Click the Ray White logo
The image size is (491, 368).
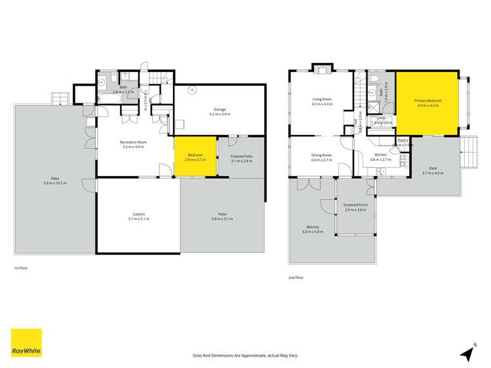pyautogui.click(x=26, y=343)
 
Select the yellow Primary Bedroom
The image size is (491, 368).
pyautogui.click(x=427, y=103)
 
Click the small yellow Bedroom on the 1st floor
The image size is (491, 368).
pyautogui.click(x=195, y=156)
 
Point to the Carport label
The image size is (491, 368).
pyautogui.click(x=138, y=216)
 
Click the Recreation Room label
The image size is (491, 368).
pyautogui.click(x=133, y=144)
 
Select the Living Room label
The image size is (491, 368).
pyautogui.click(x=322, y=102)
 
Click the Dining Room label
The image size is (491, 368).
pyautogui.click(x=321, y=157)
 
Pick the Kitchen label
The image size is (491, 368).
pyautogui.click(x=381, y=157)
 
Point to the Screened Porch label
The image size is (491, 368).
pyautogui.click(x=355, y=207)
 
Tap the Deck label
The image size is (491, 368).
pyautogui.click(x=433, y=170)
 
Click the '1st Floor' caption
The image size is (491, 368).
pyautogui.click(x=21, y=268)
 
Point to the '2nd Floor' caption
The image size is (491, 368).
pyautogui.click(x=296, y=277)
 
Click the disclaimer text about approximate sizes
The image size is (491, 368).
pyautogui.click(x=245, y=354)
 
